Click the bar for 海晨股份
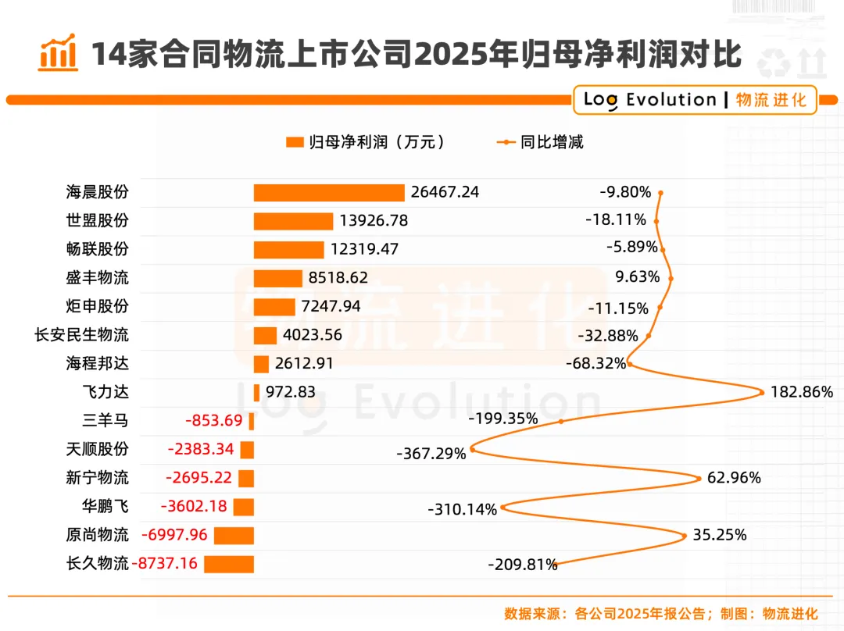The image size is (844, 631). [329, 193]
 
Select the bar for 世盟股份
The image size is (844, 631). [293, 221]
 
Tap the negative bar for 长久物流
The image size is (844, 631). [229, 565]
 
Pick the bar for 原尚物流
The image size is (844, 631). [234, 536]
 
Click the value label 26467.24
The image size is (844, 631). [445, 192]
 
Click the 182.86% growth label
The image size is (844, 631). [802, 391]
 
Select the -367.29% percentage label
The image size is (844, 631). [431, 454]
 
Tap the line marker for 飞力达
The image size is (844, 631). [762, 392]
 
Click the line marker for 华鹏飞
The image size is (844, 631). [502, 507]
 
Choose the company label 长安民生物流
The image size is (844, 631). [82, 334]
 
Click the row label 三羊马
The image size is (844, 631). [105, 420]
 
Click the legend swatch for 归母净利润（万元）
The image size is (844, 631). [295, 142]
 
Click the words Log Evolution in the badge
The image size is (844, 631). [649, 99]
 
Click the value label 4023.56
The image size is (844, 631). [312, 334]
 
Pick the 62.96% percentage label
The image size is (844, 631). [734, 478]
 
